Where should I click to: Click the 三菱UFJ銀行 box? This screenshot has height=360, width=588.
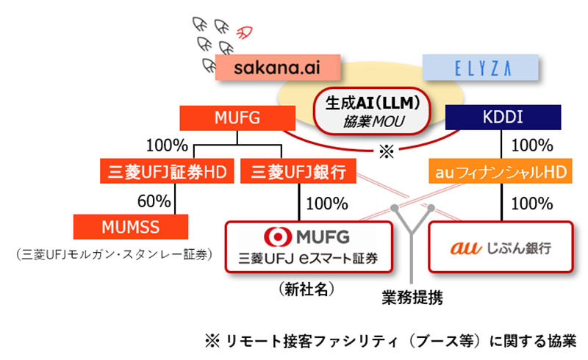click(298, 173)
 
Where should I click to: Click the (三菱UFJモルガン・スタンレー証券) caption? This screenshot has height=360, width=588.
click(112, 255)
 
